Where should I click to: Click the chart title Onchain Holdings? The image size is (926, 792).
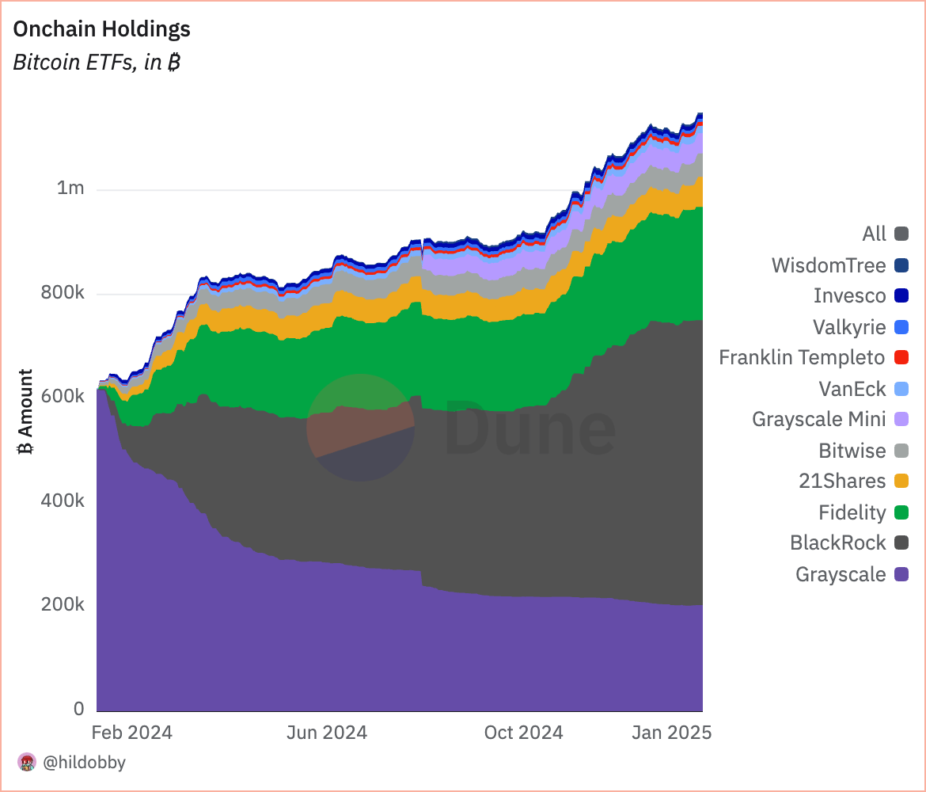tap(101, 29)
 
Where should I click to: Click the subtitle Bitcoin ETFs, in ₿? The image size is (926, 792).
tap(97, 63)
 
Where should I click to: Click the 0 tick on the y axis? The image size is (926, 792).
tap(78, 708)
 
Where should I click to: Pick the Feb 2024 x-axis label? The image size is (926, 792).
tap(132, 733)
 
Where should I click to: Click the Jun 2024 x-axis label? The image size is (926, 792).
tap(326, 733)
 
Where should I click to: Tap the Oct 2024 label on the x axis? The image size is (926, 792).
tap(523, 733)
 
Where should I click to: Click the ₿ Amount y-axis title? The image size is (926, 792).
tap(26, 412)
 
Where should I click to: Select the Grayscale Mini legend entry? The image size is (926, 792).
tap(818, 419)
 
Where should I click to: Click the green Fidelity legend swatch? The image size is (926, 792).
tap(901, 513)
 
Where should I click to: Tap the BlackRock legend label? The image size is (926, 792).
tap(837, 543)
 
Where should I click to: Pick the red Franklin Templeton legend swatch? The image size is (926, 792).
tap(901, 358)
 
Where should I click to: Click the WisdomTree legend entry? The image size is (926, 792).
tap(828, 265)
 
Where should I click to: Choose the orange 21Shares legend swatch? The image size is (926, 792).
tap(901, 482)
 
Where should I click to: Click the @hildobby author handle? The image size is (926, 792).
tap(84, 763)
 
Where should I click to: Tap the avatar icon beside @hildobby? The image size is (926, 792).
tap(27, 763)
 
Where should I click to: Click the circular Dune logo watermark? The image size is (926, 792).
tap(361, 428)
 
